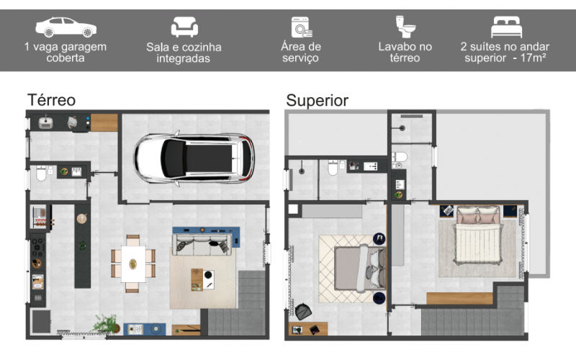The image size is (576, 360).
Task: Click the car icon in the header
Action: pyautogui.click(x=66, y=27)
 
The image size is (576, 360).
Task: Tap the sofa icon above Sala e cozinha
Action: pyautogui.click(x=184, y=27)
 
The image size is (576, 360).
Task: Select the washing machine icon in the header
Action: pyautogui.click(x=302, y=27)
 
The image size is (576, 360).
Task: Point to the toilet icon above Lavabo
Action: pyautogui.click(x=405, y=27)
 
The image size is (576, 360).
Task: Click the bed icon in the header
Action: pyautogui.click(x=507, y=27)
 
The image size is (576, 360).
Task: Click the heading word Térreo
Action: pyautogui.click(x=51, y=100)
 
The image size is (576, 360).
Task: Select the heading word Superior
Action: pyautogui.click(x=317, y=100)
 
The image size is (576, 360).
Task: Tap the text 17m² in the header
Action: pyautogui.click(x=533, y=58)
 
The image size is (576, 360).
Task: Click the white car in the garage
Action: pyautogui.click(x=194, y=158)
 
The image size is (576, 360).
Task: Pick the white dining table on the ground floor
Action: pyautogui.click(x=133, y=264)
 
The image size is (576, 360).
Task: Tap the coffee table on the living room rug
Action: pyautogui.click(x=202, y=279)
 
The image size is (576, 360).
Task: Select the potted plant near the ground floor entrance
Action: pyautogui.click(x=106, y=324)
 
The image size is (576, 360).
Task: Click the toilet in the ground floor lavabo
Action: pyautogui.click(x=41, y=174)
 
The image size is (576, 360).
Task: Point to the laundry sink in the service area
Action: pyautogui.click(x=45, y=122)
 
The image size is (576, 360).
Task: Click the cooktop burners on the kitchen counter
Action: pyautogui.click(x=37, y=247)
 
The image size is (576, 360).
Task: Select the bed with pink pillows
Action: pyautogui.click(x=477, y=235)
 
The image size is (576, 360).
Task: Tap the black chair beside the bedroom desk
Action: pyautogui.click(x=303, y=312)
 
